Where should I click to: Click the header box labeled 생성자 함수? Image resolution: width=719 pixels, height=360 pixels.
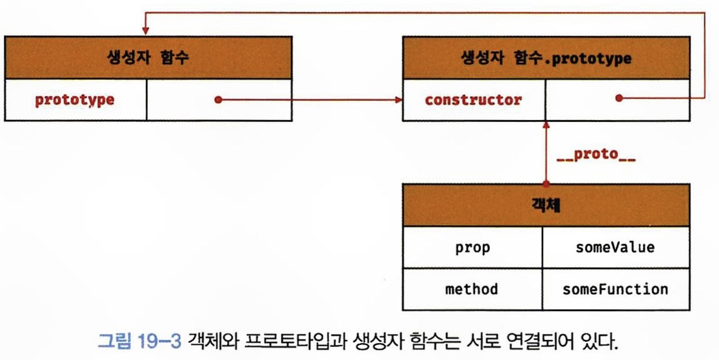(148, 58)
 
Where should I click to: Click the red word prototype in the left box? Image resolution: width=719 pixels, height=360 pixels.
(75, 100)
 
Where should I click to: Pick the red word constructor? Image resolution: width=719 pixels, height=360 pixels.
(473, 100)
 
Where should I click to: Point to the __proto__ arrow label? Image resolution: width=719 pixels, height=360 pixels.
(596, 156)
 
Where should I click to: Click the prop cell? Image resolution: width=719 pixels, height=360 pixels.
(473, 247)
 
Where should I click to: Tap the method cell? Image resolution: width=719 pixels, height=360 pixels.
(473, 289)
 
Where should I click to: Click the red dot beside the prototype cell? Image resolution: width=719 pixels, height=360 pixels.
(219, 100)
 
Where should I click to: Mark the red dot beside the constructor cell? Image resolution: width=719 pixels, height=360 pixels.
(618, 99)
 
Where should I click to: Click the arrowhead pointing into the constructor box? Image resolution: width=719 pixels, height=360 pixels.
(397, 100)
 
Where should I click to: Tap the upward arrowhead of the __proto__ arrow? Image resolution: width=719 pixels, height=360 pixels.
(546, 125)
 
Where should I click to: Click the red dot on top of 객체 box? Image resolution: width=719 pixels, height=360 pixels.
(546, 184)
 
